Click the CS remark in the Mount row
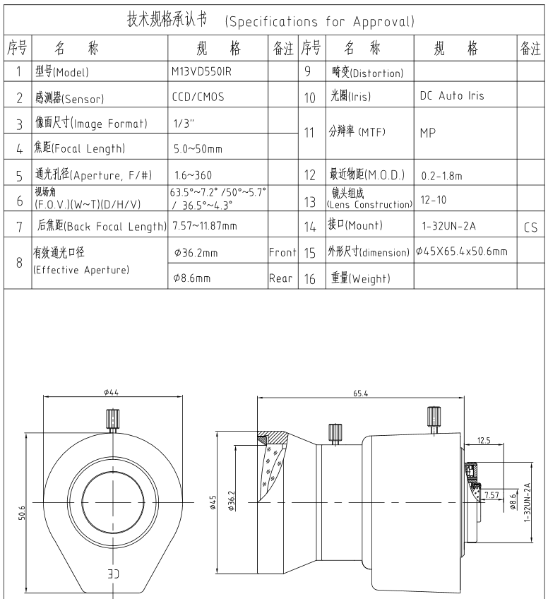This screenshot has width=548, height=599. [x=531, y=229]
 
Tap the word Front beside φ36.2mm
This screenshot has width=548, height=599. [x=282, y=251]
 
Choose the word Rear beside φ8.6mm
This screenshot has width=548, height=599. [x=281, y=278]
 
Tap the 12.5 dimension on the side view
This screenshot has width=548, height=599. [x=484, y=441]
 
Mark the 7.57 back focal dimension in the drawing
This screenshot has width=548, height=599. [x=493, y=493]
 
